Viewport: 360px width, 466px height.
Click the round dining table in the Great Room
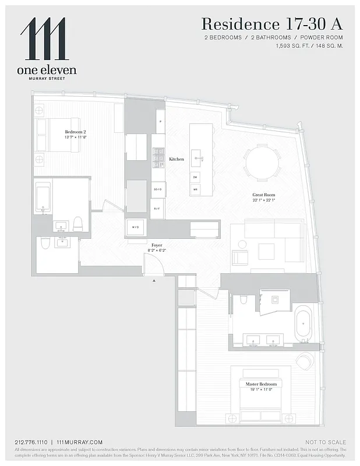click(x=262, y=163)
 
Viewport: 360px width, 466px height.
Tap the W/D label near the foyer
click(x=136, y=227)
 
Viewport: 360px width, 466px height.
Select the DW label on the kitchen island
click(x=195, y=177)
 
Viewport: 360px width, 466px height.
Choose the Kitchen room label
click(x=177, y=159)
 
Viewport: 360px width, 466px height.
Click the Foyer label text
click(x=157, y=245)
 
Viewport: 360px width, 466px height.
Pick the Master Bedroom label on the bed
click(x=260, y=384)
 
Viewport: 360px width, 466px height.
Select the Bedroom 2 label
click(x=76, y=132)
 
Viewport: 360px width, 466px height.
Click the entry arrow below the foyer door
click(x=154, y=281)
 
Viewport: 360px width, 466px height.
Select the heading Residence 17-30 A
click(x=271, y=24)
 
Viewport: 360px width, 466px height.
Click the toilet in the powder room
click(x=45, y=243)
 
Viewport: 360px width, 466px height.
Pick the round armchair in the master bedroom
click(x=304, y=361)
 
